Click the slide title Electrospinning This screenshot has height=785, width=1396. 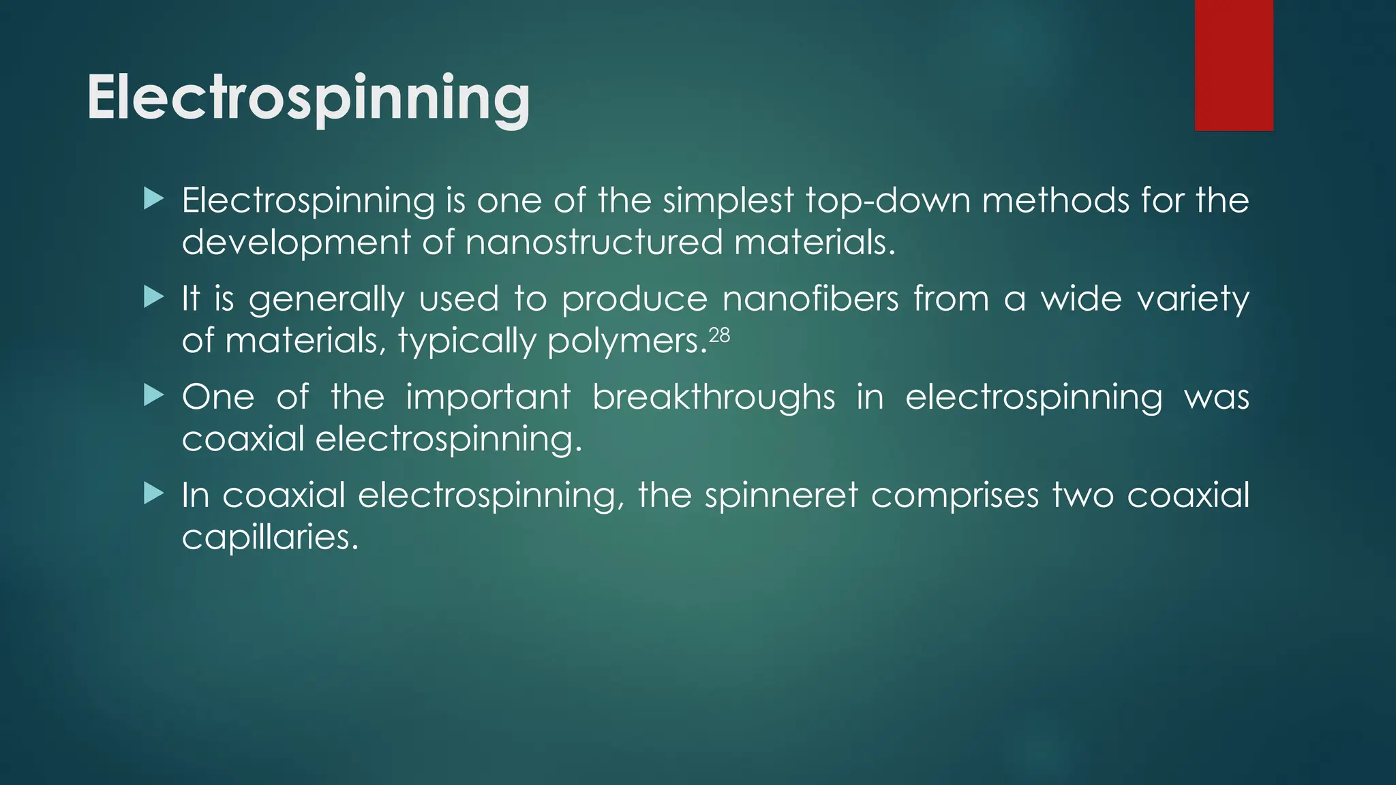pyautogui.click(x=308, y=98)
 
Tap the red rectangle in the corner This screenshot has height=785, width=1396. pyautogui.click(x=1233, y=65)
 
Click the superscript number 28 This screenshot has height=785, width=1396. pyautogui.click(x=719, y=335)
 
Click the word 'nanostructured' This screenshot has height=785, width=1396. pyautogui.click(x=594, y=243)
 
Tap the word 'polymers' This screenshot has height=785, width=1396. pyautogui.click(x=626, y=341)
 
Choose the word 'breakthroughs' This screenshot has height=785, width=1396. pyautogui.click(x=713, y=397)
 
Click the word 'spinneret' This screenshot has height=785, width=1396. pyautogui.click(x=781, y=495)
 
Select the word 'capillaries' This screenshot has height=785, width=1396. pyautogui.click(x=269, y=538)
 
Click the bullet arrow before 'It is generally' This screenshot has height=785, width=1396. pyautogui.click(x=155, y=298)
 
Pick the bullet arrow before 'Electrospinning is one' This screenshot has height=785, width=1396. pyautogui.click(x=155, y=200)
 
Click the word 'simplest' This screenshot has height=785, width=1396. pyautogui.click(x=728, y=201)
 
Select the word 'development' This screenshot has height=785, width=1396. pyautogui.click(x=296, y=243)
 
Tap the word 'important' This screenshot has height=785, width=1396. pyautogui.click(x=488, y=397)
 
